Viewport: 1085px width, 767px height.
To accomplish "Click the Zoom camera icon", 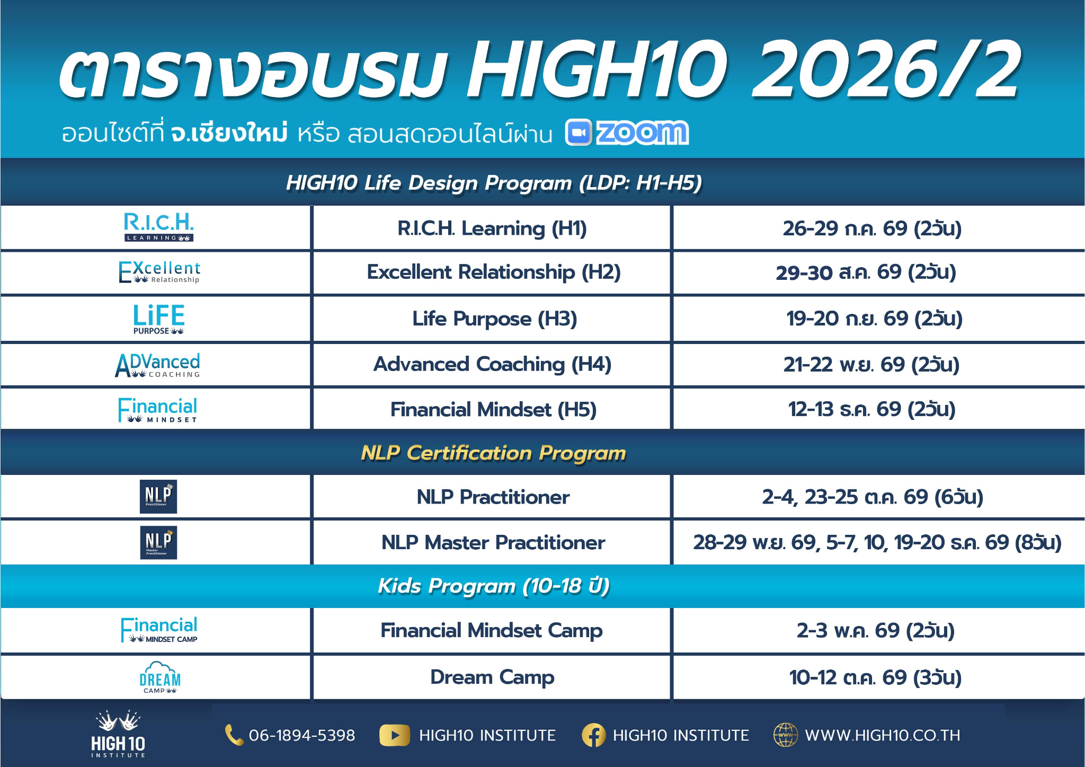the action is tap(578, 133).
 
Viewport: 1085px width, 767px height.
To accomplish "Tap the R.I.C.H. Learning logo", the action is tap(158, 227).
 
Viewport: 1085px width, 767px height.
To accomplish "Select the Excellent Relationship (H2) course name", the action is tap(494, 272).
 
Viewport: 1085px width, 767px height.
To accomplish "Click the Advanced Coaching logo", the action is tap(158, 365).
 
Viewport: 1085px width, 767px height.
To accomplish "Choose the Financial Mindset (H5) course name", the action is tap(494, 410).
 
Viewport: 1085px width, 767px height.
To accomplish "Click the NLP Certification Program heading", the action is tap(493, 453).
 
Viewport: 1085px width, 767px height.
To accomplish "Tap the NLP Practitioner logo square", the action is tap(158, 497).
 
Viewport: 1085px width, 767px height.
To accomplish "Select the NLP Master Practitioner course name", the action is tap(493, 542).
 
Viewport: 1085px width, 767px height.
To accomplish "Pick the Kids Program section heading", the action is tap(493, 586).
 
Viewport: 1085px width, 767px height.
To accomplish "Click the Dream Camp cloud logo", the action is tap(159, 677).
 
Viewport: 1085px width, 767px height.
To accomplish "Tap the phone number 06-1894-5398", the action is tap(302, 735).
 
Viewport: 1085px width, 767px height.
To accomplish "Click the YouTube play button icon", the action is tap(395, 735).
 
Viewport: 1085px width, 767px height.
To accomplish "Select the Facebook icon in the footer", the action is tap(593, 735).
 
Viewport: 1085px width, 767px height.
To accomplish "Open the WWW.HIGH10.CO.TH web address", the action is tap(883, 735).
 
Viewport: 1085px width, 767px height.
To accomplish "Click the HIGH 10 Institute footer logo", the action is tap(118, 734).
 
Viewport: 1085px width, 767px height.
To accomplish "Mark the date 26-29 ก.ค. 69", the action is tap(845, 228).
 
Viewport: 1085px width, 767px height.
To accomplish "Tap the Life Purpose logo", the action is tap(158, 319).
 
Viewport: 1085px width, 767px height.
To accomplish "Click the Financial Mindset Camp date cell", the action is tap(878, 631).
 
